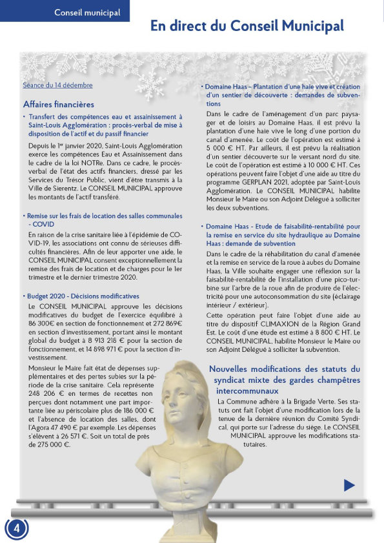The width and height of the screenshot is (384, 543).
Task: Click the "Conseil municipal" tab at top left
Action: coord(87,12)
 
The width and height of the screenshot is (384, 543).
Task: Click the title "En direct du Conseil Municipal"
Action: coord(247,26)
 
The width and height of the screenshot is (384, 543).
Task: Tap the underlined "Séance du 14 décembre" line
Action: coord(57,85)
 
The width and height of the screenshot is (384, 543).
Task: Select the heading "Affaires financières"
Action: coord(58,104)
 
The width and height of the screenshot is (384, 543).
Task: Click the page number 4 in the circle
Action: coord(17,528)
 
